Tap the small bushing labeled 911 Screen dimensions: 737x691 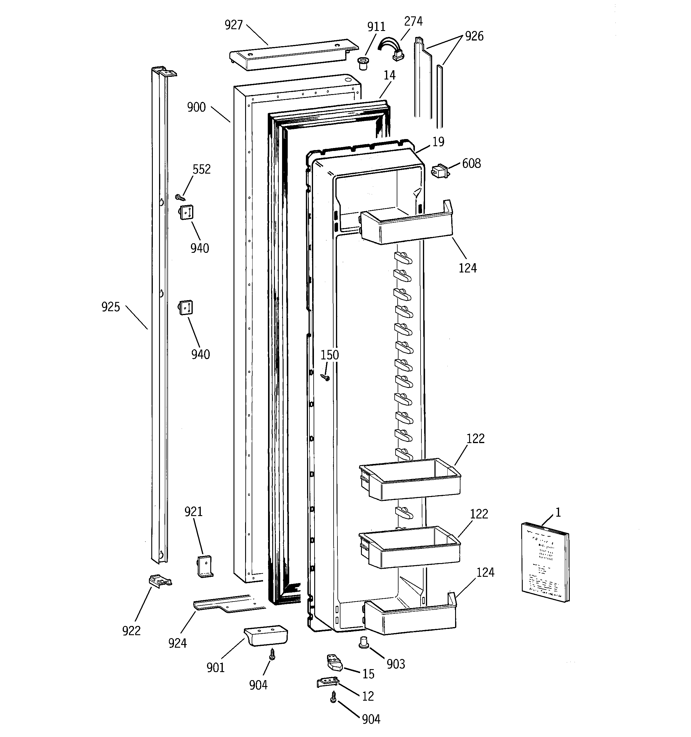click(363, 63)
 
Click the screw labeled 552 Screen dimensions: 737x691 click(180, 197)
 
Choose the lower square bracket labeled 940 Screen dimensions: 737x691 click(186, 307)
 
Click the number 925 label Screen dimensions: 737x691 click(111, 307)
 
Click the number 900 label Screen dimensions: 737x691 click(196, 107)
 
